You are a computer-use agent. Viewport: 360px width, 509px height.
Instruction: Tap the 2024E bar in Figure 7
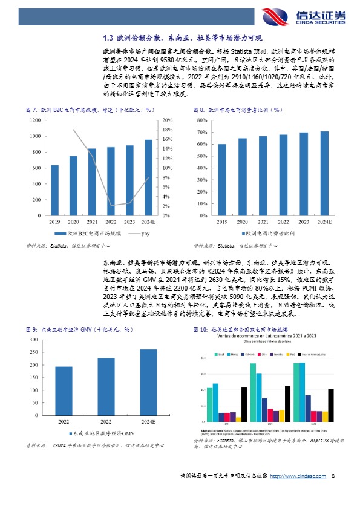pyautogui.click(x=148, y=177)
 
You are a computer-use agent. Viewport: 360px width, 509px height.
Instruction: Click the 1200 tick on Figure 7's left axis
pyautogui.click(x=35, y=120)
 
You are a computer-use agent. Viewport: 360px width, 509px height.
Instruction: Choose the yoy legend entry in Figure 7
pyautogui.click(x=141, y=233)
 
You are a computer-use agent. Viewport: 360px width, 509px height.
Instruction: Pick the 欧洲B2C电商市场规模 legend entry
pyautogui.click(x=88, y=233)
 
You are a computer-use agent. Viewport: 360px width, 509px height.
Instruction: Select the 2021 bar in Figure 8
pyautogui.click(x=263, y=176)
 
